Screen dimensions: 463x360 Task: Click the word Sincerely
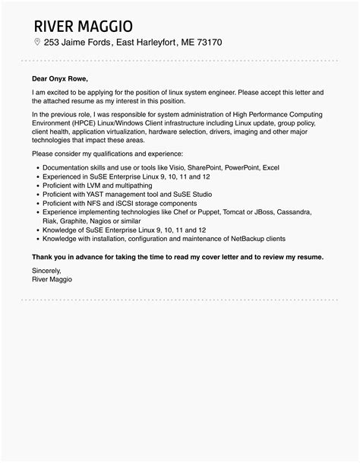(x=47, y=270)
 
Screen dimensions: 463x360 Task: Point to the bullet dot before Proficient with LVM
(x=36, y=184)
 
